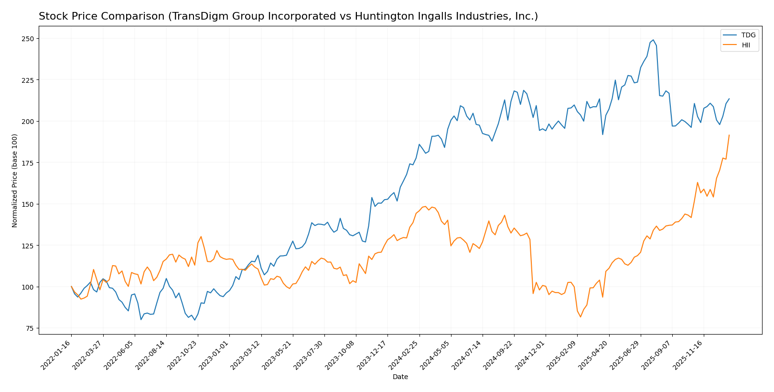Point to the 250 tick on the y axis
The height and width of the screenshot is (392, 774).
coord(30,38)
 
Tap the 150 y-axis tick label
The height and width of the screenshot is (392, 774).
coord(30,204)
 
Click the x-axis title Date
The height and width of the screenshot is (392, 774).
coord(400,377)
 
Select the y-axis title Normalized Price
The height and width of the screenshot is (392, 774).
coord(15,180)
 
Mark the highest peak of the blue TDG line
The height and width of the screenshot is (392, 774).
coord(653,40)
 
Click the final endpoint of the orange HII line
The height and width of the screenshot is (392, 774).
coord(729,135)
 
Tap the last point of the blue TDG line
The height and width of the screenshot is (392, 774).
coord(729,99)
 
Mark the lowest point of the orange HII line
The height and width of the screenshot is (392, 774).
coord(580,317)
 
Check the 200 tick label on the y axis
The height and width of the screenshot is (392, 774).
coord(30,122)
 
